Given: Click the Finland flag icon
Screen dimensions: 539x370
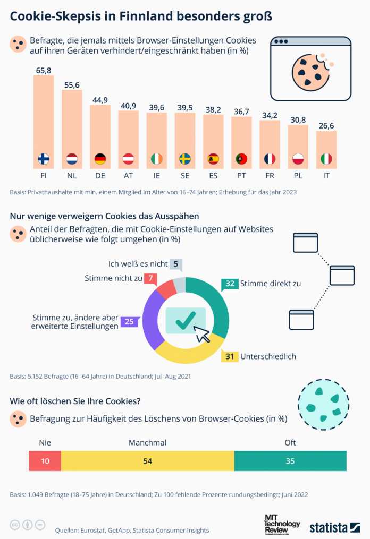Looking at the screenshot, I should point(44,159).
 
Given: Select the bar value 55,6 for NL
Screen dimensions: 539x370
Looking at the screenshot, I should point(72,85).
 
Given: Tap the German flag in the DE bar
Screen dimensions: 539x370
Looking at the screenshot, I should point(100,159).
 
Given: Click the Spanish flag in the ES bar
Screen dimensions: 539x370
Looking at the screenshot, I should point(213,159).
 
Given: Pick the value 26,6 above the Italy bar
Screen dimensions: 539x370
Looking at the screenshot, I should point(326,126).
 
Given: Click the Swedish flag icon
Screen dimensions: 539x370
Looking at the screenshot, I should point(185,159).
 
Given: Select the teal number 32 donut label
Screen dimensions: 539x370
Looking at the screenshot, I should point(230,284).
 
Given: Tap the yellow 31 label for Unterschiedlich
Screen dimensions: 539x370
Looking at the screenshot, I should point(230,356).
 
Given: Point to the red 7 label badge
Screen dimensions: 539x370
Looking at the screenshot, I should point(150,278).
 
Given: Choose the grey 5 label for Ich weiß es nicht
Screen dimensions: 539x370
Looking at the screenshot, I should point(175,264).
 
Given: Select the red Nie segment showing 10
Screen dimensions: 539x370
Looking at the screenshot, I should point(45,461).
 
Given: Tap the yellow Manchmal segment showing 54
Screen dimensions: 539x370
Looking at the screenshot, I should point(147,461).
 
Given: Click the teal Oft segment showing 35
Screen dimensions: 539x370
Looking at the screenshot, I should point(290,461).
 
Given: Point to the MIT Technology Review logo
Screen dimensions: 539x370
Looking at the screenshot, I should point(282,524).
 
